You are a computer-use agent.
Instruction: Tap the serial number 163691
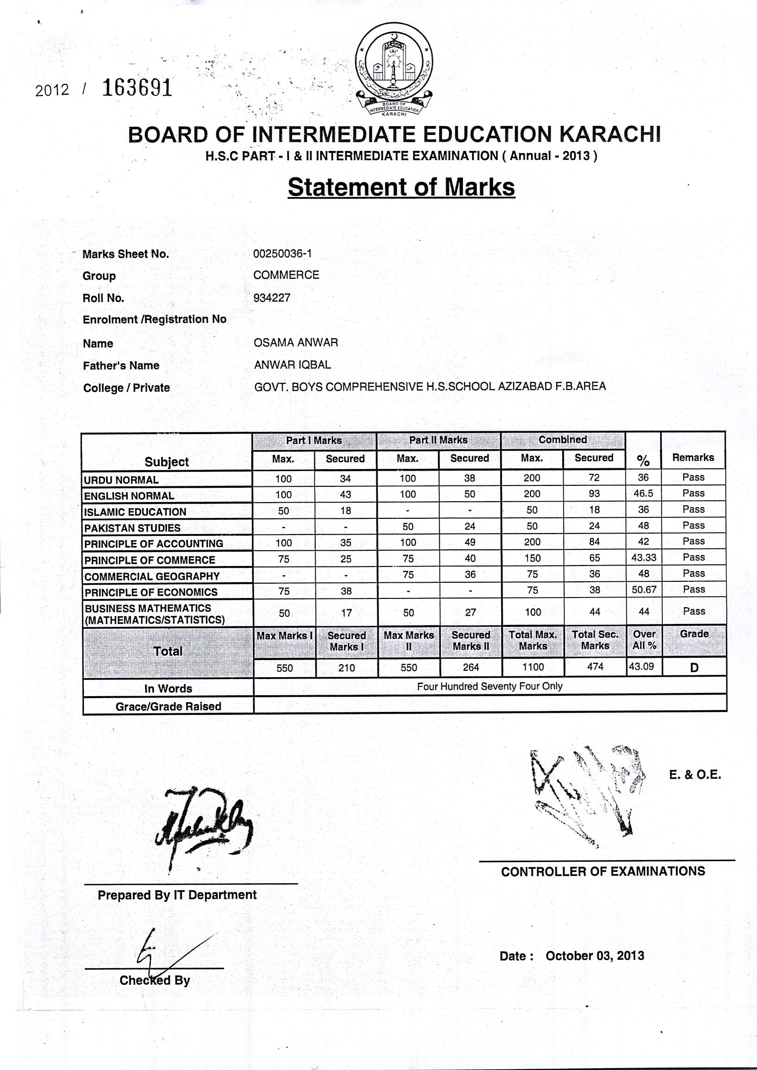click(x=137, y=88)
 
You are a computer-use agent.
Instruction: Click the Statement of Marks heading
click(x=401, y=187)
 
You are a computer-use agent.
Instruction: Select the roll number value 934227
click(x=272, y=298)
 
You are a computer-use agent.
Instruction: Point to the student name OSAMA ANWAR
click(x=296, y=343)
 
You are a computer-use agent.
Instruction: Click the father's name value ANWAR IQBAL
click(x=293, y=365)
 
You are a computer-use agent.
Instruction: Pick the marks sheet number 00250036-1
click(x=282, y=253)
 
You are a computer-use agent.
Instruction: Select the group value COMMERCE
click(x=286, y=275)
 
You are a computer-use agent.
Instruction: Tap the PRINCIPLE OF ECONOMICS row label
click(x=151, y=592)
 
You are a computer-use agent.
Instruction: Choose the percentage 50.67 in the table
click(x=644, y=590)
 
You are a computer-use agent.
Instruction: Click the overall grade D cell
click(x=694, y=668)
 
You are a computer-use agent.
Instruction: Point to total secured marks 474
click(x=595, y=667)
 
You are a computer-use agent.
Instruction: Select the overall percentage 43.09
click(x=641, y=667)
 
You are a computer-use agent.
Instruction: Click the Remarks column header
click(x=693, y=458)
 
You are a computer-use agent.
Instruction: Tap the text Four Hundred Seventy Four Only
click(x=489, y=686)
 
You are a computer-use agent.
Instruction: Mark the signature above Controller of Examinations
click(x=588, y=792)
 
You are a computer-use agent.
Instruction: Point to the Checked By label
click(x=154, y=981)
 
